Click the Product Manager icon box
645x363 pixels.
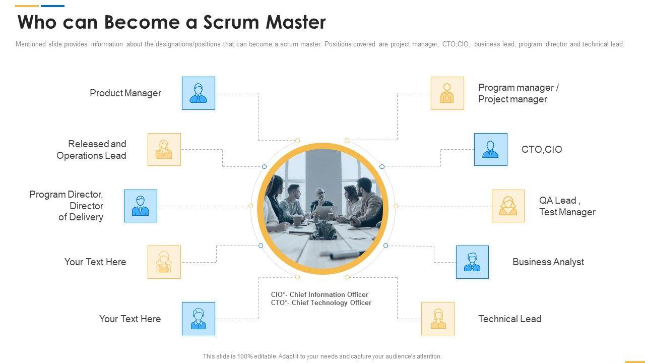point(199,93)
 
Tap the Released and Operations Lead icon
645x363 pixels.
point(164,150)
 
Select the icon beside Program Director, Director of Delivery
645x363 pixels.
point(141,206)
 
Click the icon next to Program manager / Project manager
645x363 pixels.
point(447,93)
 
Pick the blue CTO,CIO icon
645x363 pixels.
point(490,150)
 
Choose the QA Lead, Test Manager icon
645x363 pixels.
point(508,206)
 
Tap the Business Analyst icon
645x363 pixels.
point(472,262)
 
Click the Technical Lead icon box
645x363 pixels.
point(438,319)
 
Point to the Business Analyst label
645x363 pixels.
point(548,262)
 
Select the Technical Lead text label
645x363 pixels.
point(509,319)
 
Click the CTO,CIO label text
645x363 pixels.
point(542,150)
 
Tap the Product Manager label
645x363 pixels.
point(125,93)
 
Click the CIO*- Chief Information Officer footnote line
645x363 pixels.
point(319,294)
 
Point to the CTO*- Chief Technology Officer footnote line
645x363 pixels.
point(321,303)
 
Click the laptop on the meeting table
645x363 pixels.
point(325,212)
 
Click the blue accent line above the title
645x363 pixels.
point(52,6)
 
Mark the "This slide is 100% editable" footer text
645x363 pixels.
point(322,356)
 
